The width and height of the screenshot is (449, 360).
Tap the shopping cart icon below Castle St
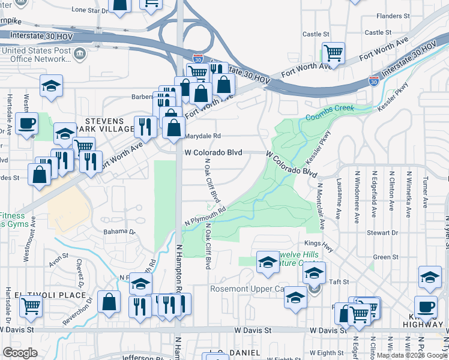tap(333, 52)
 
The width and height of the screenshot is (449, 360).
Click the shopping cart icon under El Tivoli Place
tap(31, 306)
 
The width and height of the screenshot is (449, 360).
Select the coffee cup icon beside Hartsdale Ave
tap(26, 124)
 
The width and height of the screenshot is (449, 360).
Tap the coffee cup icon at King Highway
tap(426, 306)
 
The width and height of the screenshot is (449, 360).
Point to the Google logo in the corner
tap(20, 353)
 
